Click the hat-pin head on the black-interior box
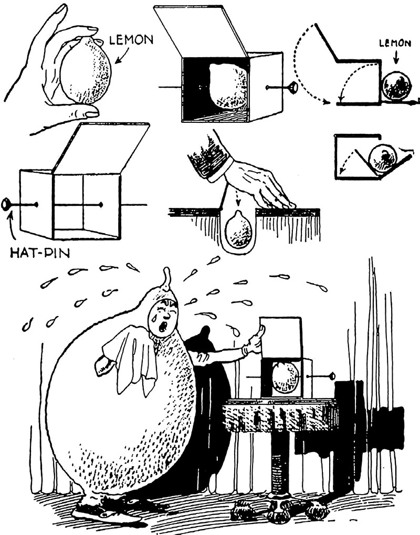(292, 87)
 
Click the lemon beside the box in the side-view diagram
(396, 86)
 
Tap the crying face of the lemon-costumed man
(162, 318)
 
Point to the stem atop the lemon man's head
(167, 277)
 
